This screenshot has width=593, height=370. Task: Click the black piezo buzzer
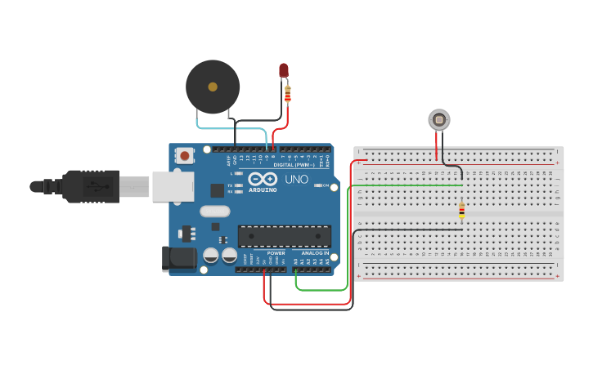(213, 86)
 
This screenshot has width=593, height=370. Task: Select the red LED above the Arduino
(284, 71)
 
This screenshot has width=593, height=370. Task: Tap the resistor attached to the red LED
(287, 95)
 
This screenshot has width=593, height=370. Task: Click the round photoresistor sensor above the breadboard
(439, 121)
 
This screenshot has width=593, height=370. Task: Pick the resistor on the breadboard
(461, 211)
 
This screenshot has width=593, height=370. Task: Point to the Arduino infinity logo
(263, 178)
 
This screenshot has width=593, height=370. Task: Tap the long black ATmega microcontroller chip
(285, 236)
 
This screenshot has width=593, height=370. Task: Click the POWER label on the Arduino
(276, 253)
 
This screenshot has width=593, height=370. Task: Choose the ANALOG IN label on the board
(315, 253)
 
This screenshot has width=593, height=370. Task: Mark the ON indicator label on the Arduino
(325, 185)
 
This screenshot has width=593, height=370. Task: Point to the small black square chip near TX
(217, 190)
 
